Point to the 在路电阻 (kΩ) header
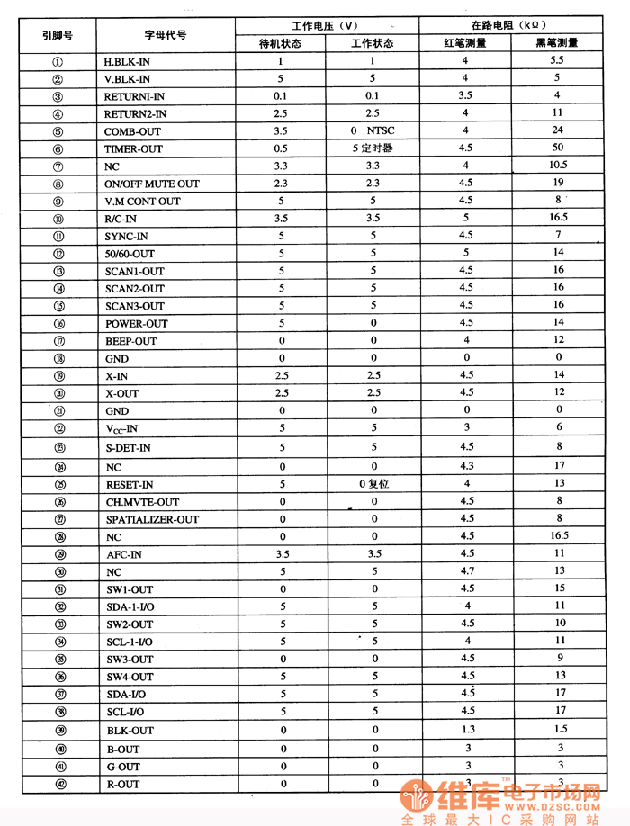pos(508,25)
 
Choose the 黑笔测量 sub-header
pos(557,42)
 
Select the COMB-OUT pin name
pos(132,131)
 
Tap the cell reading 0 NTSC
pos(373,130)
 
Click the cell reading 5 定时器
pos(373,148)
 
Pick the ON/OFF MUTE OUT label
pos(152,184)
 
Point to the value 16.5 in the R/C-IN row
pos(558,218)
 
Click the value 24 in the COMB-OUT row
pos(558,130)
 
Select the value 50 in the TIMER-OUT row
pos(558,148)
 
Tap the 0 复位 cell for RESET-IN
pos(373,484)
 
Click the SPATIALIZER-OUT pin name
pos(152,519)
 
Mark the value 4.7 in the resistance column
pos(466,571)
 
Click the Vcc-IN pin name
pos(121,429)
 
